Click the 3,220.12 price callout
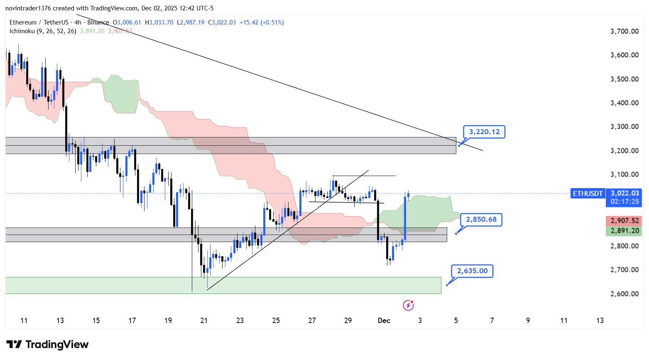coord(484,132)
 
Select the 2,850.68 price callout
coord(481,219)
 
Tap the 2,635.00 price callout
coord(472,271)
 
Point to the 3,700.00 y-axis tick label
coord(624,31)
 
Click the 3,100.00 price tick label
coord(624,174)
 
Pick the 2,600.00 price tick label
coord(624,294)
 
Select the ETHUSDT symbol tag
coord(588,193)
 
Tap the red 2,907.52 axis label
coord(625,221)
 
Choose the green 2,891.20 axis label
coord(625,231)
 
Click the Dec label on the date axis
coord(384,320)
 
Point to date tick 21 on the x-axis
coord(204,320)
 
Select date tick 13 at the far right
coord(600,320)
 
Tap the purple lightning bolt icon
coord(408,306)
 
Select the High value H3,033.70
coord(159,22)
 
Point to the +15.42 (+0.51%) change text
coord(262,22)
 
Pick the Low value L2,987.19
coord(191,22)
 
